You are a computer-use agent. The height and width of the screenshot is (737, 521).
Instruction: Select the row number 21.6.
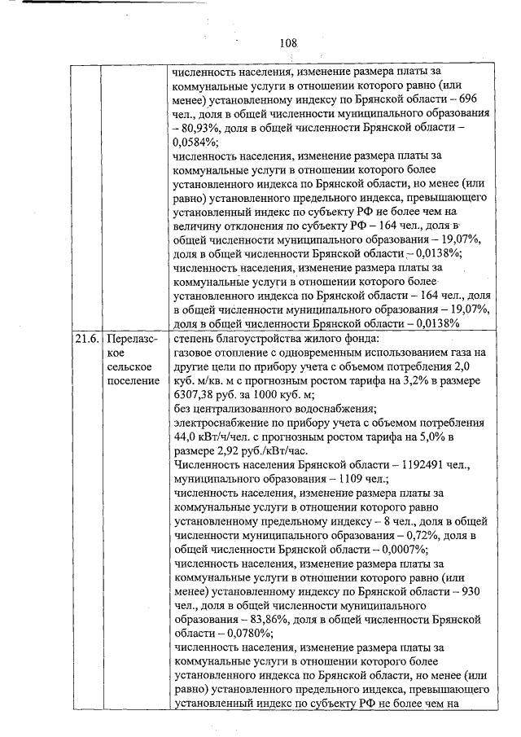82,338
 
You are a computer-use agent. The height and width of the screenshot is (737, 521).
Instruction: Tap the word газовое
196,353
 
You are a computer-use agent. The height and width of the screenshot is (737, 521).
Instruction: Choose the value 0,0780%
238,634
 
